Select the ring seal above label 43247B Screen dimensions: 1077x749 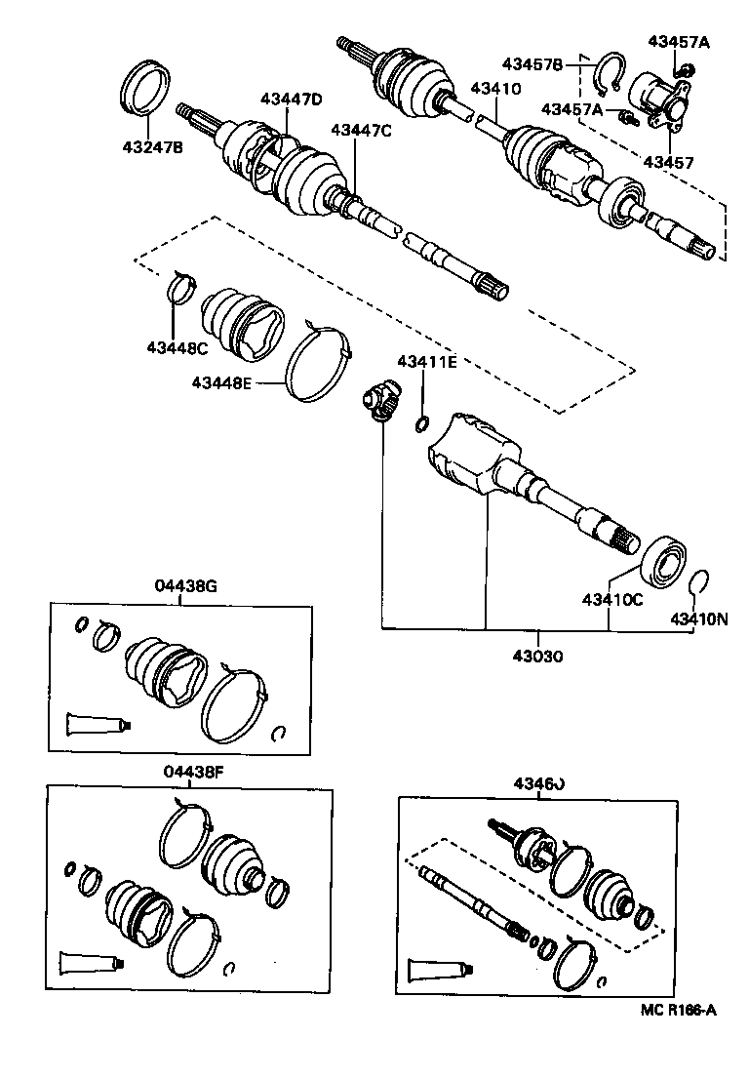coord(147,87)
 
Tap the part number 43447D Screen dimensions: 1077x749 coord(291,99)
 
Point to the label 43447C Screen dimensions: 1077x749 coord(361,131)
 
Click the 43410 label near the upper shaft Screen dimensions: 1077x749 coord(495,88)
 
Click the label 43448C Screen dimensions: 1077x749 coord(178,348)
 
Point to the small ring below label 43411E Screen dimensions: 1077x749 coord(422,422)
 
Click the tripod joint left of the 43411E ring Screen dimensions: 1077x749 coord(379,404)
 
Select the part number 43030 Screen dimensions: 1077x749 coord(534,656)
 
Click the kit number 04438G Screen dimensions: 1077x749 coord(184,585)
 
